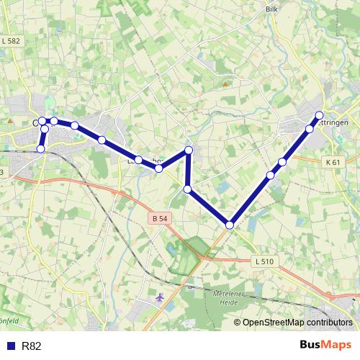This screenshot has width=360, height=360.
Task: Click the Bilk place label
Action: (x=271, y=9)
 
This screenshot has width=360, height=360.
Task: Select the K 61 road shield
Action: (x=332, y=163)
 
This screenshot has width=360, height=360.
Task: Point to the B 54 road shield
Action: (x=159, y=217)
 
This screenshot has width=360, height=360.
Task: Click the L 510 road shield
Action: (x=264, y=261)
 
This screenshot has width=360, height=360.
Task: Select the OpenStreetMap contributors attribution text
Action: (x=297, y=323)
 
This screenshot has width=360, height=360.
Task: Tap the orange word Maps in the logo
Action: (x=338, y=345)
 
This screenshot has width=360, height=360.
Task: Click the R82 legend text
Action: (x=32, y=346)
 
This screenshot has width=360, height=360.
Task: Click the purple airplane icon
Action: (x=159, y=297)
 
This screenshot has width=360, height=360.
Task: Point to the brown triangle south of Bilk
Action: (x=225, y=84)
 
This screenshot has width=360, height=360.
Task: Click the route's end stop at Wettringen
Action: (x=319, y=115)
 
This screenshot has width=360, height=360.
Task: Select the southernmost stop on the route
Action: (x=230, y=225)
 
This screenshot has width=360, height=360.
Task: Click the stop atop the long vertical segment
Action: (x=189, y=150)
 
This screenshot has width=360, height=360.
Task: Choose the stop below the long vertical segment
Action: (x=187, y=189)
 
